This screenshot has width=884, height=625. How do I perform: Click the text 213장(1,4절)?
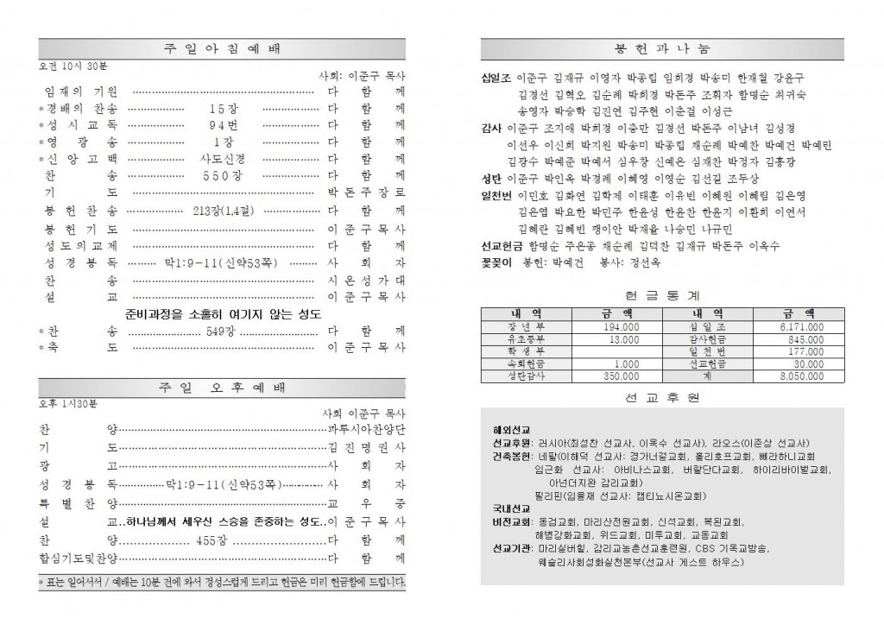(222, 210)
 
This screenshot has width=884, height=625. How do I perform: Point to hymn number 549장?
(216, 331)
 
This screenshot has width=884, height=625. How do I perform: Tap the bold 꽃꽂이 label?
(496, 261)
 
